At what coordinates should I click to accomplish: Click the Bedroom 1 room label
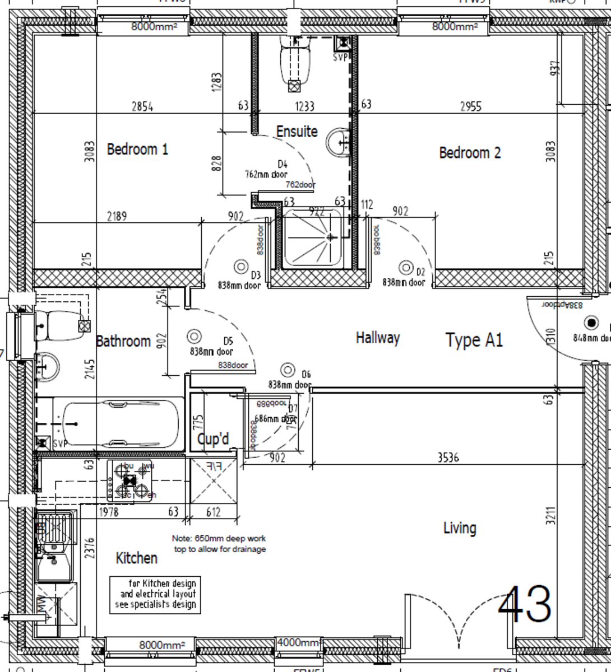[137, 150]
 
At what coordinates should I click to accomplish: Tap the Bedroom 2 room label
[470, 153]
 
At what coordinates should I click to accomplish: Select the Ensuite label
[297, 132]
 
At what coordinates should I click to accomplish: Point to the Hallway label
[378, 338]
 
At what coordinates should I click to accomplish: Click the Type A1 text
[474, 340]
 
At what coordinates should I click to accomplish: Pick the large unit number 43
[525, 605]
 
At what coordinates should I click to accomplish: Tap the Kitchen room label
[136, 558]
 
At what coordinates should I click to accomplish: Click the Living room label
[460, 528]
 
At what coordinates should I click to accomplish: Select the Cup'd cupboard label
[213, 440]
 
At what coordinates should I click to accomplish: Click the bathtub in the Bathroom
[121, 423]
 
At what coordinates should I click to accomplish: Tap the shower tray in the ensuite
[312, 237]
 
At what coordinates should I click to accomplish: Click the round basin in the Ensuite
[339, 142]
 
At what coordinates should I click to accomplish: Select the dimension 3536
[448, 458]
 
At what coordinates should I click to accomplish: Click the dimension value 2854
[142, 106]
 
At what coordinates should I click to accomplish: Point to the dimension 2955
[470, 106]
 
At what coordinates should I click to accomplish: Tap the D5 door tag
[228, 340]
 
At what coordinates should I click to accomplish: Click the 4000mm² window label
[299, 643]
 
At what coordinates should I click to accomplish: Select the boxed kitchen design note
[155, 594]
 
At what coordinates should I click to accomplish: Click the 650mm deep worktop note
[219, 544]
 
